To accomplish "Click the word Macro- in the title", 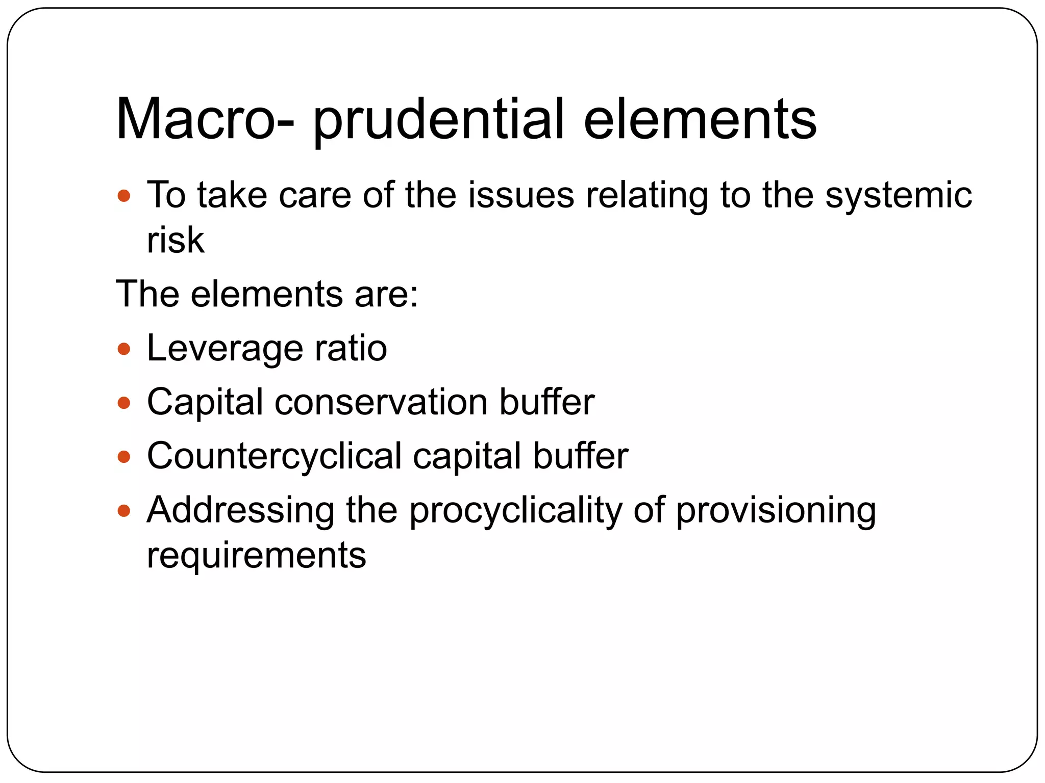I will point(205,119).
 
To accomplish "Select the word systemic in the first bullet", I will point(899,196).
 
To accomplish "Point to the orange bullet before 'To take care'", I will point(124,196).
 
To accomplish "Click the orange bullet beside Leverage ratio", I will point(124,350).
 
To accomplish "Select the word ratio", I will point(351,349).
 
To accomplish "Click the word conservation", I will point(381,403).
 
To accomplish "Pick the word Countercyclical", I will point(275,456).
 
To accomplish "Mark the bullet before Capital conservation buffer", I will point(124,403).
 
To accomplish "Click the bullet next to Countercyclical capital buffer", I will point(124,457).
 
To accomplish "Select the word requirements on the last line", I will point(256,556).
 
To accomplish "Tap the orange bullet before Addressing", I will point(124,511).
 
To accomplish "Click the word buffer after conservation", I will point(546,403).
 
